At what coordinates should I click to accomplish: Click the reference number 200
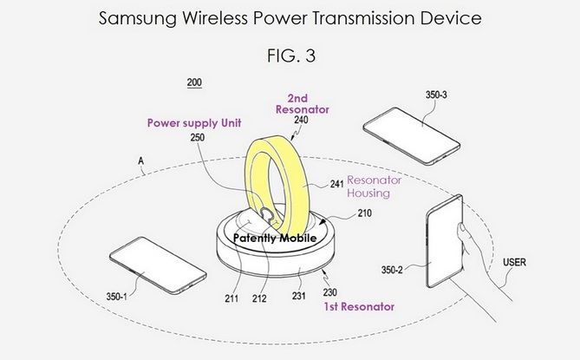click(x=194, y=83)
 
